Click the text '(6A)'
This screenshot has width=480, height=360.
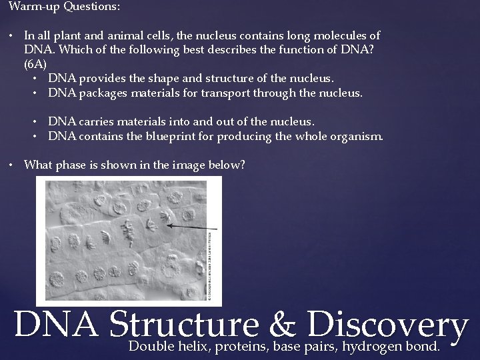click(35, 65)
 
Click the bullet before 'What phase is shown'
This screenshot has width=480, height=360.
click(13, 165)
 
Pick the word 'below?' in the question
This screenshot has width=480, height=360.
click(229, 164)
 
